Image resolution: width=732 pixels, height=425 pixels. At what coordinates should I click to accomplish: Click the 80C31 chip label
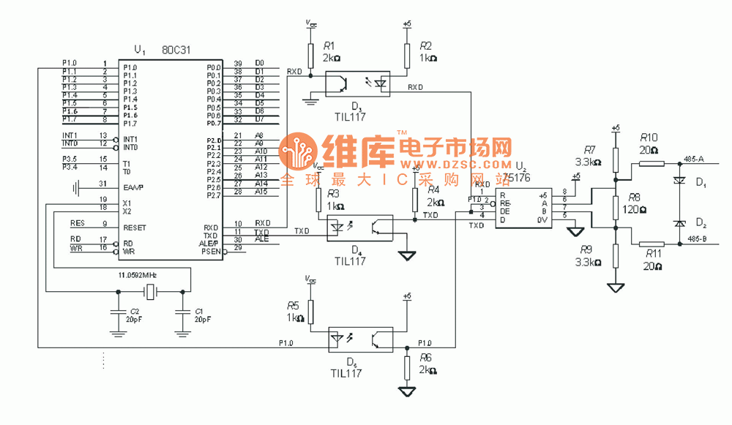pos(176,51)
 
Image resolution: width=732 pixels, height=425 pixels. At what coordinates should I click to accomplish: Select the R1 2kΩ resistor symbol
pos(311,54)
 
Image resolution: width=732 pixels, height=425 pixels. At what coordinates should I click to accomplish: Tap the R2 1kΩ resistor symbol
pos(408,54)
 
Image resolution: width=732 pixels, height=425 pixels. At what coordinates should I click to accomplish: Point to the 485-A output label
pos(693,158)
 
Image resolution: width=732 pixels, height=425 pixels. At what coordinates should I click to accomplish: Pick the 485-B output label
pos(693,238)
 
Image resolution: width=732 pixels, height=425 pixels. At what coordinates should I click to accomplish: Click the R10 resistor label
pos(649,137)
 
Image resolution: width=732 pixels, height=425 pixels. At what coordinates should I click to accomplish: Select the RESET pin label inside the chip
pos(135,227)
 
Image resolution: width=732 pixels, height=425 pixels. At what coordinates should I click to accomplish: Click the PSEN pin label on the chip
pos(210,251)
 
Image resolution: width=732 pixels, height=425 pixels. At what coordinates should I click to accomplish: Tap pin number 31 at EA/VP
pos(103,184)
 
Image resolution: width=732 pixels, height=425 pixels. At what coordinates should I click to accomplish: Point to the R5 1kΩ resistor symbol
pos(311,312)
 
